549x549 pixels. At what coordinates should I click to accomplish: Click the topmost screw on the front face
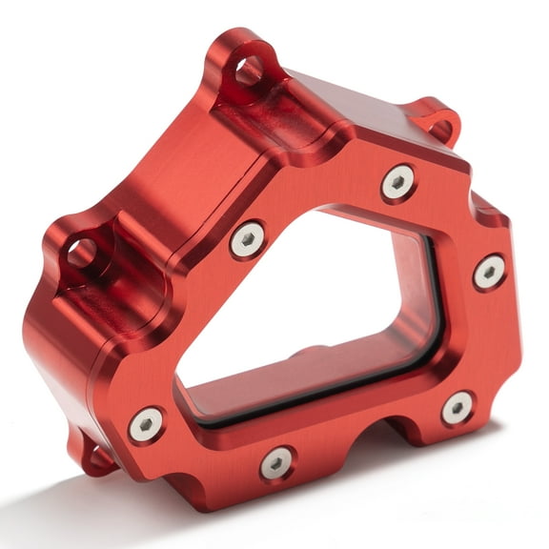tap(398, 181)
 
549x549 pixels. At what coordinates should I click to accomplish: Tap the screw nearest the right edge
tap(489, 272)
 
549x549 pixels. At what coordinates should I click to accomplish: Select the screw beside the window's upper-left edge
tap(248, 239)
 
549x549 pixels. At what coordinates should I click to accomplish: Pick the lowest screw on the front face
tap(276, 462)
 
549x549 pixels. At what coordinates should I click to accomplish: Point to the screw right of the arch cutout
tap(457, 408)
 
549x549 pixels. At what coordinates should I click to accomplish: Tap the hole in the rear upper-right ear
tap(441, 124)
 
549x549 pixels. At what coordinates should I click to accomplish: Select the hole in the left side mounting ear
tap(81, 253)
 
